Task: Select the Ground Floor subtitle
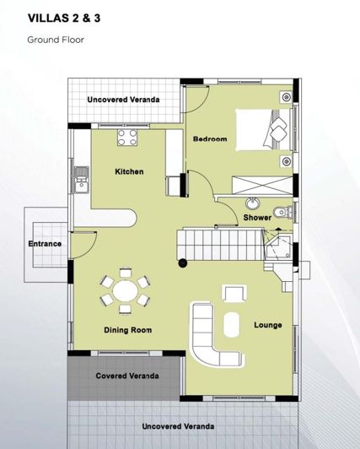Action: [x=55, y=39]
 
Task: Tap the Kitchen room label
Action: [x=129, y=171]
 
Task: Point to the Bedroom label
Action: [x=210, y=139]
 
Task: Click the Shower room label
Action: [x=257, y=218]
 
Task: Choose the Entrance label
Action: [x=45, y=244]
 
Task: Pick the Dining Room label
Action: [x=127, y=330]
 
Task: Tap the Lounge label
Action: [x=267, y=325]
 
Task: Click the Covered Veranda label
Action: [x=126, y=376]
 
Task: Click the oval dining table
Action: [x=126, y=293]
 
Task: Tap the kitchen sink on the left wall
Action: [x=81, y=180]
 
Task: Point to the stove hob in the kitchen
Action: [x=127, y=137]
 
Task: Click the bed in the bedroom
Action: [x=264, y=130]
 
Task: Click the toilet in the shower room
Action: [x=282, y=211]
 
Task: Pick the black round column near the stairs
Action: [x=181, y=263]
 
